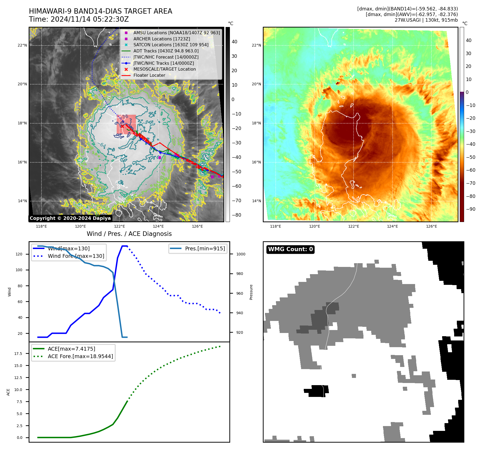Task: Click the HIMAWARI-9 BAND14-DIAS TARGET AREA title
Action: (x=100, y=11)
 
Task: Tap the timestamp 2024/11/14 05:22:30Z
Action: (x=90, y=20)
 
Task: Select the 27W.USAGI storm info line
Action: (x=426, y=20)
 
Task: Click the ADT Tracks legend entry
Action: (x=166, y=51)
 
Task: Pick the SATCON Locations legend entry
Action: (x=171, y=45)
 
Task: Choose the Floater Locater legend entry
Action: (x=149, y=75)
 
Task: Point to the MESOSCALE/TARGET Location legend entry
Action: (x=164, y=69)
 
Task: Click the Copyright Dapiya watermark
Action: (x=70, y=218)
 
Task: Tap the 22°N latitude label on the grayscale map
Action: (x=22, y=45)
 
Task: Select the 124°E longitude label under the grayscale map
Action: (x=158, y=227)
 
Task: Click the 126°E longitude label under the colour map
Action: (x=431, y=227)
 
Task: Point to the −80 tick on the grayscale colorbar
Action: (x=236, y=215)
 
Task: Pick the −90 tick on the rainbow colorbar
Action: (x=470, y=209)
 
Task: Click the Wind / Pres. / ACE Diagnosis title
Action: (x=129, y=234)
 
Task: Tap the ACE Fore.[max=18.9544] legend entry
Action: (x=80, y=356)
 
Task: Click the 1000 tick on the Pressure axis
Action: (x=241, y=254)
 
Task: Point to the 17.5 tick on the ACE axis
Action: (x=18, y=354)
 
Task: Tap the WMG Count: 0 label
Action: (x=290, y=249)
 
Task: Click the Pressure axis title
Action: (x=251, y=292)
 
